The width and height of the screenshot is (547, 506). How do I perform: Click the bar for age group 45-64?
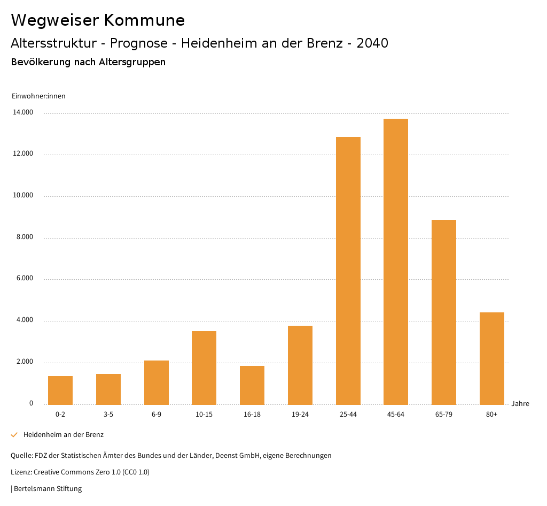[x=396, y=262]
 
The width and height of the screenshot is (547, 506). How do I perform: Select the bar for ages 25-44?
[x=348, y=271]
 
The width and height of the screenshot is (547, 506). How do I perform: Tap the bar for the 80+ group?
[x=491, y=358]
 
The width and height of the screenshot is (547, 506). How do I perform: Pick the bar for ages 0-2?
[x=60, y=390]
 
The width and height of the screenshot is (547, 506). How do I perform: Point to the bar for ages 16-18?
[x=252, y=385]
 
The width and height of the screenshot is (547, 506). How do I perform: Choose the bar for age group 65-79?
[x=444, y=312]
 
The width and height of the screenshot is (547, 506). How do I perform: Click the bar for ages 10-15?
[x=204, y=368]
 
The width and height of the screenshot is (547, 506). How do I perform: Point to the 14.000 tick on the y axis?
[x=24, y=112]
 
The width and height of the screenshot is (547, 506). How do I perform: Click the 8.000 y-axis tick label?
[x=24, y=237]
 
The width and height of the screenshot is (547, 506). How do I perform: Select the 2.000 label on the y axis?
[x=24, y=362]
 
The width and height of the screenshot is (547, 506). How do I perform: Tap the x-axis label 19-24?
[x=300, y=415]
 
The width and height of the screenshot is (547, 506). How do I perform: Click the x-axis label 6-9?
[x=156, y=415]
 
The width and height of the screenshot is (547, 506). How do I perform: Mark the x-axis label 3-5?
[x=108, y=415]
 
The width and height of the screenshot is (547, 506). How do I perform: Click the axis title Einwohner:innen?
[x=38, y=96]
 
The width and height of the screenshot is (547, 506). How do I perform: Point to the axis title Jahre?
[x=520, y=403]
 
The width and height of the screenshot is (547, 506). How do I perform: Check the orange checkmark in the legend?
[x=14, y=435]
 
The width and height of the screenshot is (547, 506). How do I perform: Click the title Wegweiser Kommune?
[x=98, y=20]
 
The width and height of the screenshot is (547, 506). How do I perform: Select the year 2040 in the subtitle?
[x=372, y=43]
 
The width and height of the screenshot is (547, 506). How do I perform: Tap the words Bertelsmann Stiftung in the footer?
[x=48, y=488]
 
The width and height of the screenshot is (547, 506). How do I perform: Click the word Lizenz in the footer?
[x=21, y=472]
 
